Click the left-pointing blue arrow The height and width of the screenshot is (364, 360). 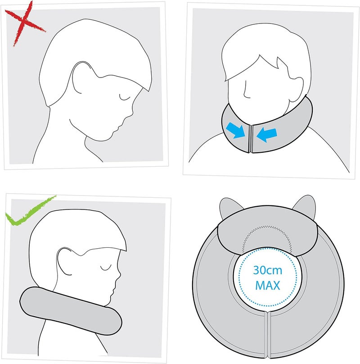coord(270,134)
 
